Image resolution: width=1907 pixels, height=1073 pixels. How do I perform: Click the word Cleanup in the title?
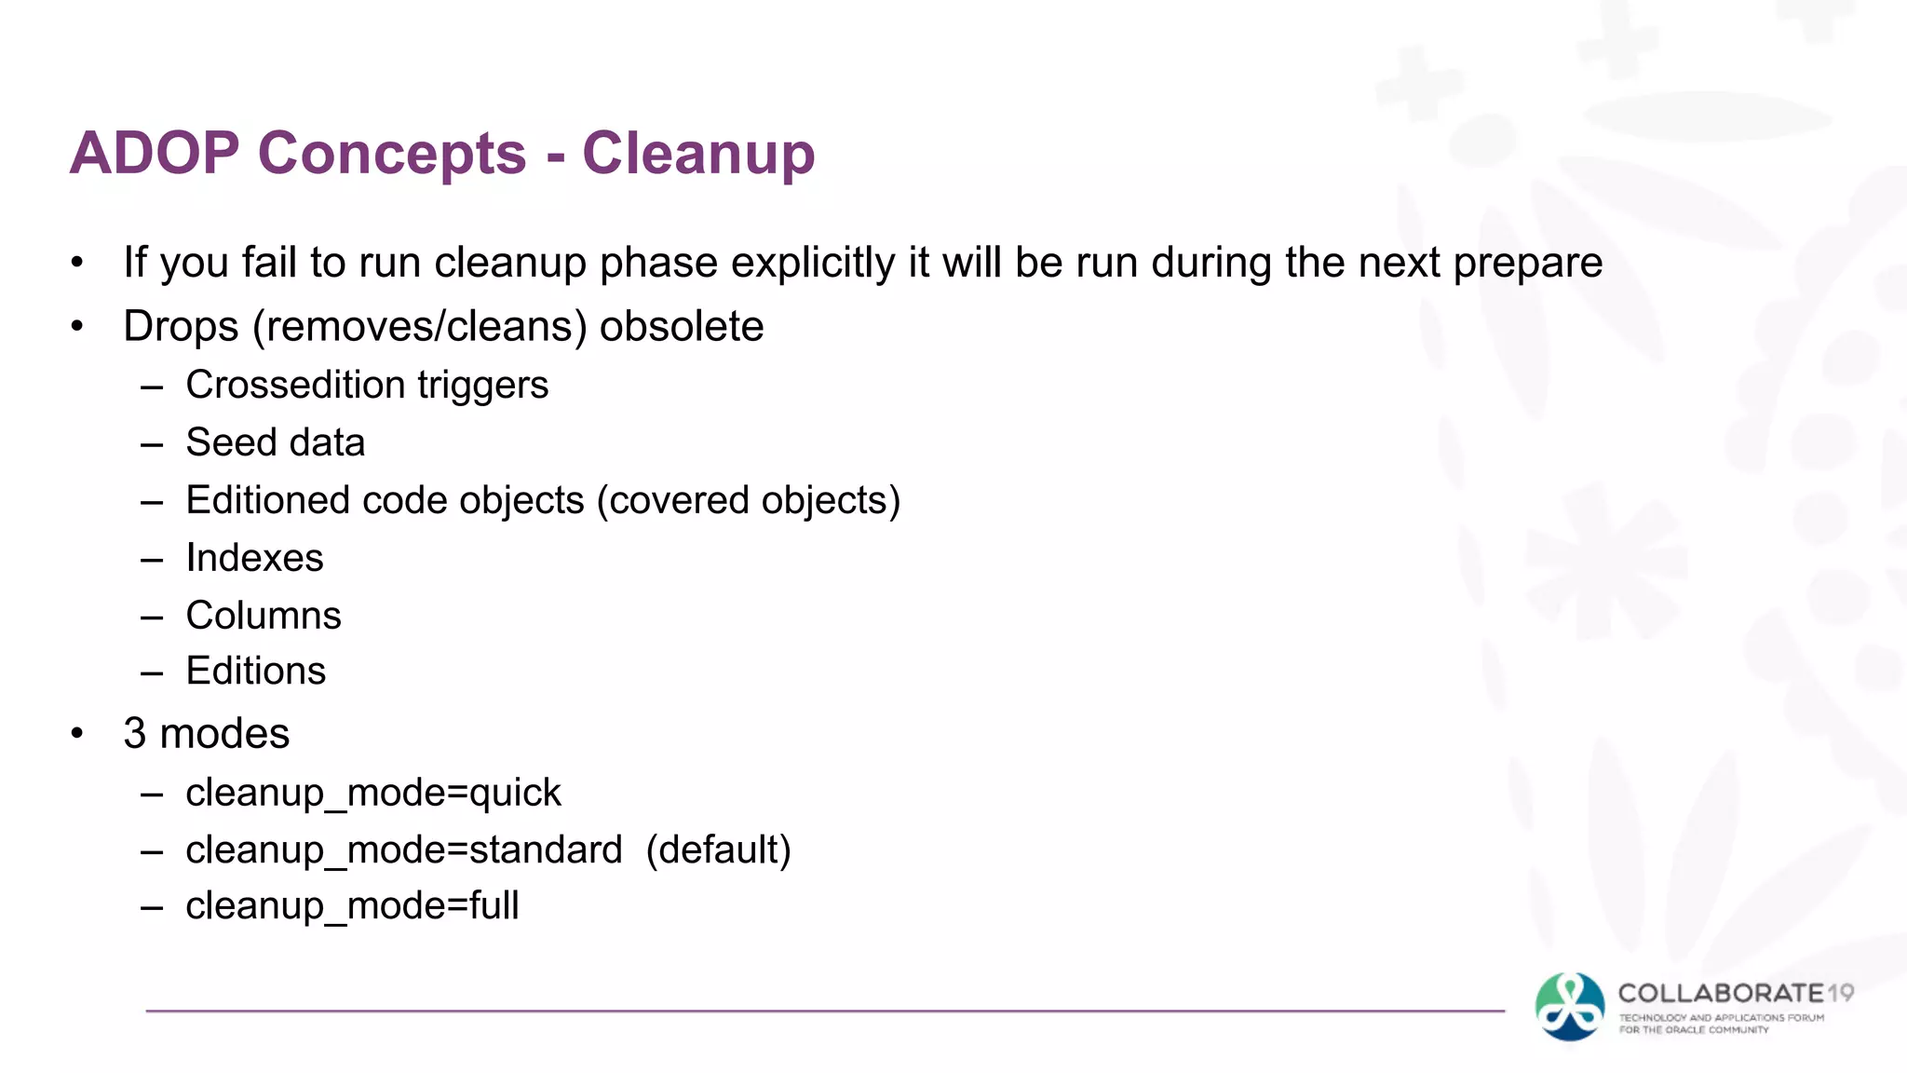698,154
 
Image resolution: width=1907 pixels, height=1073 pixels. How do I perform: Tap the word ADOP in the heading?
155,154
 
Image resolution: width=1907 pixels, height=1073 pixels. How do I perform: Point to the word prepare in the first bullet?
1527,263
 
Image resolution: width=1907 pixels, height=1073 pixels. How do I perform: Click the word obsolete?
681,327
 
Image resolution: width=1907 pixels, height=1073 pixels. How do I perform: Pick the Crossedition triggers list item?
367,385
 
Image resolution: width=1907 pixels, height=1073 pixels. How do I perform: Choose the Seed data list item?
275,442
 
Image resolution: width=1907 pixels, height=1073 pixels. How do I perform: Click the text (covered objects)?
748,500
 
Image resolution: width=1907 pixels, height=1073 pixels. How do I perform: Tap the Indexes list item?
254,558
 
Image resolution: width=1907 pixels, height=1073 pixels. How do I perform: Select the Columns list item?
264,616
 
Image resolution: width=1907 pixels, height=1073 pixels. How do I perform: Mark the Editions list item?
256,672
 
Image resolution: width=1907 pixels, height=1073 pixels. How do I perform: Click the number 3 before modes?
135,734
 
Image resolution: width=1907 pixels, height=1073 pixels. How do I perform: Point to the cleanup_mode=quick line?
372,793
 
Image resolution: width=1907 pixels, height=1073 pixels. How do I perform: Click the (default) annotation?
718,849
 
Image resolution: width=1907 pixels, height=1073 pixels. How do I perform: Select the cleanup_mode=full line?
352,906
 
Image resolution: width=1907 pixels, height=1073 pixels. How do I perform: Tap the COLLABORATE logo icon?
1570,1007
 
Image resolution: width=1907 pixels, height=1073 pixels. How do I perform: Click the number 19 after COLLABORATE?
1840,994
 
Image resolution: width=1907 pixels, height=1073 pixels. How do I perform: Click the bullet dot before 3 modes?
77,734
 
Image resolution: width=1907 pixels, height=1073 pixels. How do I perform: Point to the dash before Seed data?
152,444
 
